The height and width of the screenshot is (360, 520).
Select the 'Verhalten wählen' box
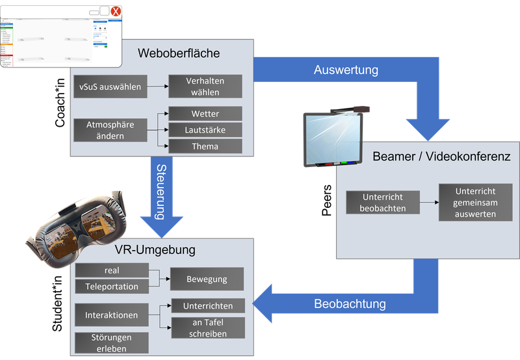pyautogui.click(x=205, y=86)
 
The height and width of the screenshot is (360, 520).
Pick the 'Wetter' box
pyautogui.click(x=205, y=114)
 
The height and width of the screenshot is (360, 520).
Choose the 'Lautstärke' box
pyautogui.click(x=205, y=130)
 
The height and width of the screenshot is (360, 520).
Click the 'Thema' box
pyautogui.click(x=205, y=146)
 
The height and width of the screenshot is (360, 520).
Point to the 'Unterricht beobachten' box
pyautogui.click(x=383, y=202)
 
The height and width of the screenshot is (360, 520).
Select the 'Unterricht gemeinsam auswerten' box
pyautogui.click(x=475, y=202)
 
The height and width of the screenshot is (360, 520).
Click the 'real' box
pyautogui.click(x=112, y=270)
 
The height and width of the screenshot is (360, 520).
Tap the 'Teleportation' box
pyautogui.click(x=112, y=287)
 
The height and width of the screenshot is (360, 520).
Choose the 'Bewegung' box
pyautogui.click(x=207, y=279)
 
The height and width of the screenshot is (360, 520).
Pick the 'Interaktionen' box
pyautogui.click(x=112, y=315)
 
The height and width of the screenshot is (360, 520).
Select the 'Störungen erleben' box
pyautogui.click(x=112, y=342)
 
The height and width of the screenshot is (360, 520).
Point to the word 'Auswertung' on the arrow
pyautogui.click(x=346, y=70)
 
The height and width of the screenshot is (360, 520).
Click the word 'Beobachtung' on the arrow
pyautogui.click(x=350, y=303)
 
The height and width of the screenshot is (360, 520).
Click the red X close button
pyautogui.click(x=115, y=12)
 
